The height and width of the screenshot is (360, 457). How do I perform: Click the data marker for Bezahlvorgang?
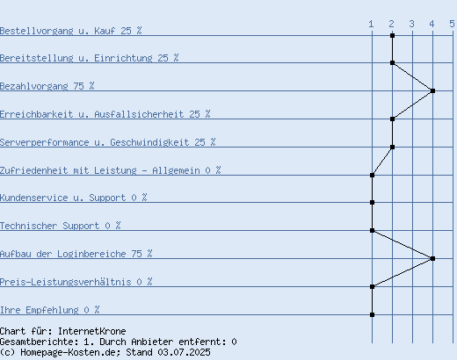click(432, 90)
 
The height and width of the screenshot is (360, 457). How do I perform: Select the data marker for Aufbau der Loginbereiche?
click(432, 258)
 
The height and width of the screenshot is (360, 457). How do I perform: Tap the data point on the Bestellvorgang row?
click(392, 35)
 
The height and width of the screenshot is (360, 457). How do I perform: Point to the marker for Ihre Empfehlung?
click(372, 314)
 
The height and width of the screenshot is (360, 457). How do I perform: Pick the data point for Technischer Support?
click(372, 230)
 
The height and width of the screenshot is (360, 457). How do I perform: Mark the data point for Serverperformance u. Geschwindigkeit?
click(392, 147)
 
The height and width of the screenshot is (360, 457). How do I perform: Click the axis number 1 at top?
click(371, 24)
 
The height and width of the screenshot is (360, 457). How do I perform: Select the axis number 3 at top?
click(411, 24)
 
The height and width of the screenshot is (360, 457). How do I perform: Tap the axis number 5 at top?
click(452, 24)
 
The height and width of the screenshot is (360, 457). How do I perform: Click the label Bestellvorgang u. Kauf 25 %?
click(70, 31)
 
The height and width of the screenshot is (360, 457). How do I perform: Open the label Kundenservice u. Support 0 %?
click(73, 198)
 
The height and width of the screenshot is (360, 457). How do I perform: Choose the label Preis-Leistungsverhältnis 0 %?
click(76, 282)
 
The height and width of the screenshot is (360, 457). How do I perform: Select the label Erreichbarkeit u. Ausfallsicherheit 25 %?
click(105, 114)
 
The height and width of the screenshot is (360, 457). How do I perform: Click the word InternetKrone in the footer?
click(91, 331)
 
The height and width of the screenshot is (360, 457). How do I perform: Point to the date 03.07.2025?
click(184, 352)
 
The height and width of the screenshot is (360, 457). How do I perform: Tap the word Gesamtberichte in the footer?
click(39, 342)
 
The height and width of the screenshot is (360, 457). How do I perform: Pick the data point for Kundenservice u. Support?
click(372, 202)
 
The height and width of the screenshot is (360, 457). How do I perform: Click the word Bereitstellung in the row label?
click(36, 58)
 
